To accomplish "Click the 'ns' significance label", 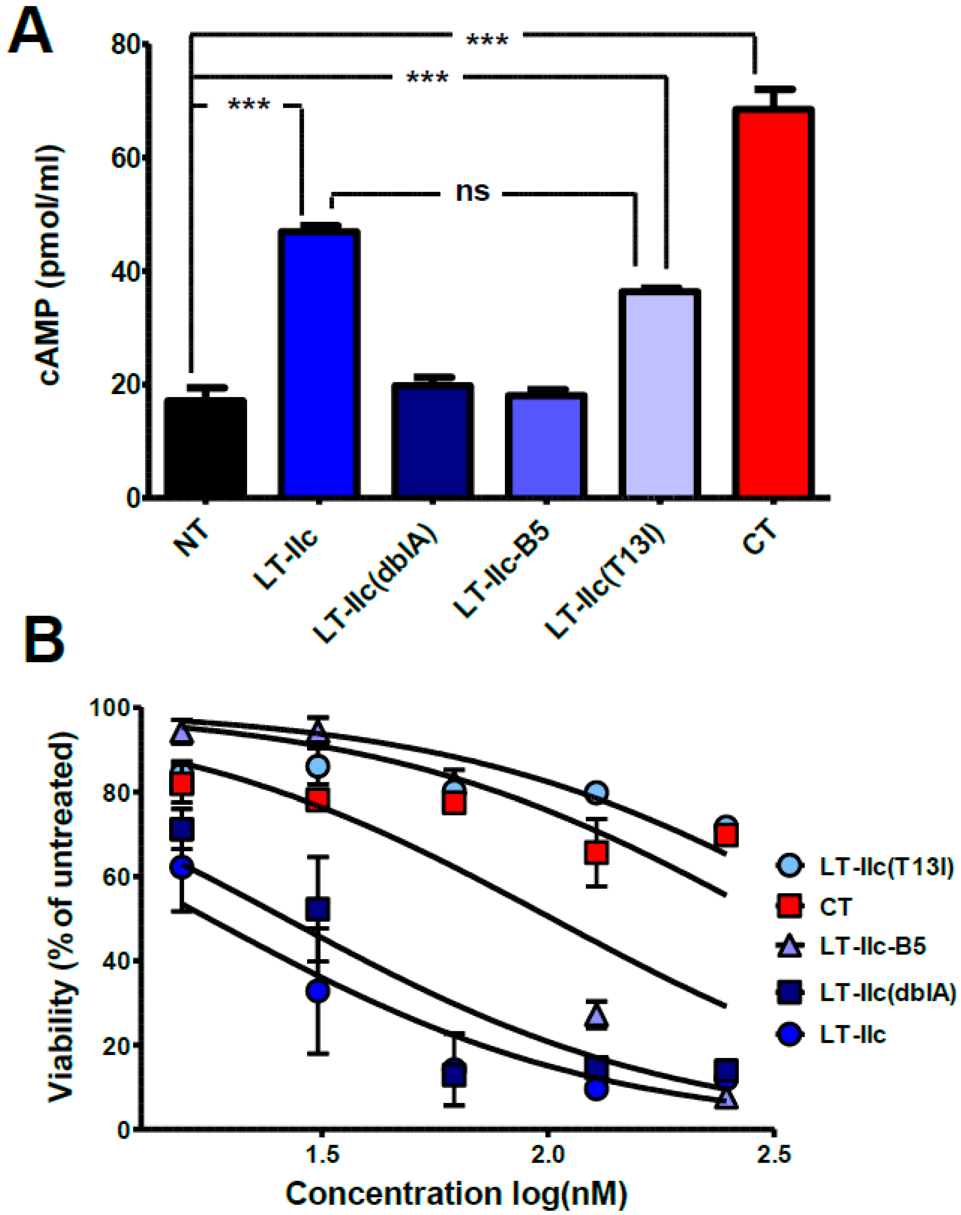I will [x=473, y=192].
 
